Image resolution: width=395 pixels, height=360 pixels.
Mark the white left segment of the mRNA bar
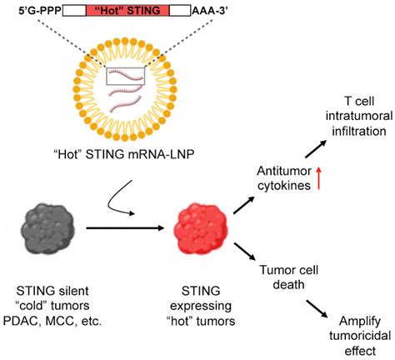(73, 12)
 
